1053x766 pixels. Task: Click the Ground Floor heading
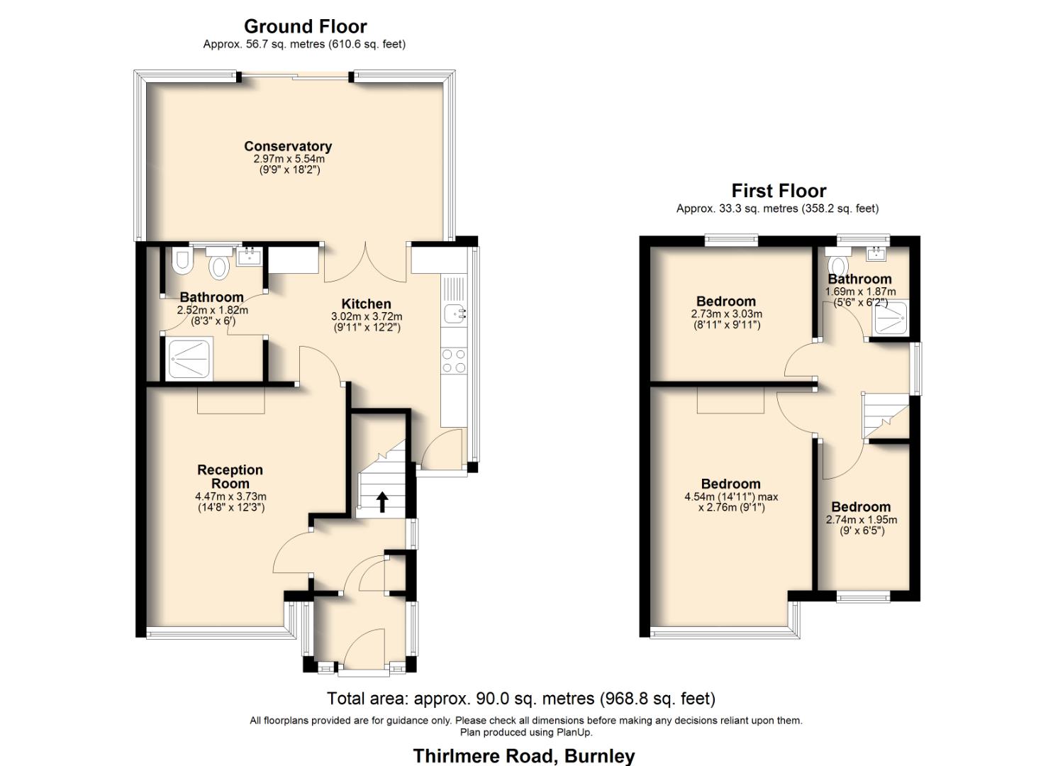(x=305, y=27)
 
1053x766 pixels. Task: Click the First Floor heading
(x=779, y=191)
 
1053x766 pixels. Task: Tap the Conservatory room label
(x=288, y=146)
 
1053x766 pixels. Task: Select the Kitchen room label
(x=366, y=304)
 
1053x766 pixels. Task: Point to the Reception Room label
(x=230, y=476)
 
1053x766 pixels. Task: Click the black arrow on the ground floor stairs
(x=381, y=501)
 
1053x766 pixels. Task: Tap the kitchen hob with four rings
(x=454, y=360)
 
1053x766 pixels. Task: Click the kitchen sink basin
(x=454, y=313)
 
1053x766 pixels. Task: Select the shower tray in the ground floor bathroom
(x=189, y=359)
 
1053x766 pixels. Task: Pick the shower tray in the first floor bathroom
(x=891, y=317)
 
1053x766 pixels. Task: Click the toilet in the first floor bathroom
(x=838, y=264)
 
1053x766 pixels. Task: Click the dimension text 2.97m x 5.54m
(x=289, y=159)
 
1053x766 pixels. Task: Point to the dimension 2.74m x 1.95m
(x=861, y=520)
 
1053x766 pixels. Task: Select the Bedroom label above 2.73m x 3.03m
(x=725, y=301)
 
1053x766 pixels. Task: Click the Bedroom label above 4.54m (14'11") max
(x=730, y=484)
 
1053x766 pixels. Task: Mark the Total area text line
(x=520, y=699)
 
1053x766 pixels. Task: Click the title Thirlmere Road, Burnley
(x=523, y=756)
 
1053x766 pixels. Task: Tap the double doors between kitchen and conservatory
(x=365, y=262)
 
